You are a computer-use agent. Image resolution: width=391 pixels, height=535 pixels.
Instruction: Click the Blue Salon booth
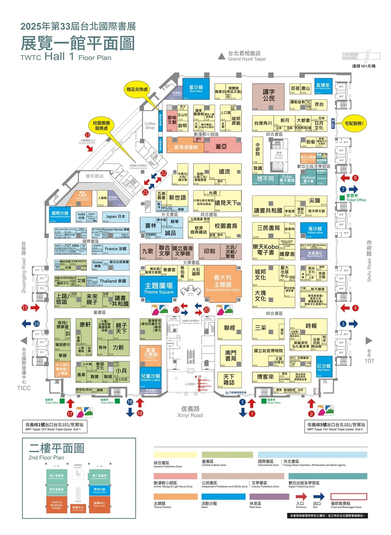pyautogui.click(x=196, y=89)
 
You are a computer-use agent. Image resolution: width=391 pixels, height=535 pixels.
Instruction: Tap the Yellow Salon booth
pyautogui.click(x=315, y=230)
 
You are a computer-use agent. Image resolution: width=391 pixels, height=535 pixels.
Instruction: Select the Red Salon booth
pyautogui.click(x=324, y=368)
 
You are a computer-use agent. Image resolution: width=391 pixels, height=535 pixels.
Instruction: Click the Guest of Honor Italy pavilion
pyautogui.click(x=223, y=283)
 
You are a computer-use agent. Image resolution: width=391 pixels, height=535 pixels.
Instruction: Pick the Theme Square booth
pyautogui.click(x=159, y=288)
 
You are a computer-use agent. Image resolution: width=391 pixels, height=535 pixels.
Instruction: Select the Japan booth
pyautogui.click(x=116, y=217)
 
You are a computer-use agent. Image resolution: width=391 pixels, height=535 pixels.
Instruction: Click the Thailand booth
pyautogui.click(x=113, y=281)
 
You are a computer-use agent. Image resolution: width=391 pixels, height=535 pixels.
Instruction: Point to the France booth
pyautogui.click(x=116, y=249)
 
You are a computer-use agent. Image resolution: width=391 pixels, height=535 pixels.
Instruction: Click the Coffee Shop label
pyautogui.click(x=150, y=125)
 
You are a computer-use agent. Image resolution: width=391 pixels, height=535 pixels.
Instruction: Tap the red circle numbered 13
pyautogui.click(x=87, y=135)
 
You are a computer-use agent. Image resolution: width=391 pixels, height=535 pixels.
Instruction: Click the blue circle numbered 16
pyautogui.click(x=36, y=324)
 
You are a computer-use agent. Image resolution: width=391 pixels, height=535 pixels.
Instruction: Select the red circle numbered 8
pyautogui.click(x=355, y=178)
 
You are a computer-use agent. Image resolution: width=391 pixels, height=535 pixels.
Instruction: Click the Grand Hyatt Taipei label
pyautogui.click(x=247, y=56)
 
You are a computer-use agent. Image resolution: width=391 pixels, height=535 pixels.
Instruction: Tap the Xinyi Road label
pyautogui.click(x=190, y=412)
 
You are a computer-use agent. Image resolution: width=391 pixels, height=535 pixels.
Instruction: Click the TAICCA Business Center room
pyautogui.click(x=56, y=505)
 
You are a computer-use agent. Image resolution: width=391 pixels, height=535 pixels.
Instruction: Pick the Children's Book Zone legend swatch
pyautogui.click(x=227, y=455)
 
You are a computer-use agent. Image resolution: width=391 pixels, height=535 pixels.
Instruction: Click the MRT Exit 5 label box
pyautogui.click(x=336, y=427)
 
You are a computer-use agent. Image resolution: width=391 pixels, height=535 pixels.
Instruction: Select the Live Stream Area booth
pyautogui.click(x=323, y=86)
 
